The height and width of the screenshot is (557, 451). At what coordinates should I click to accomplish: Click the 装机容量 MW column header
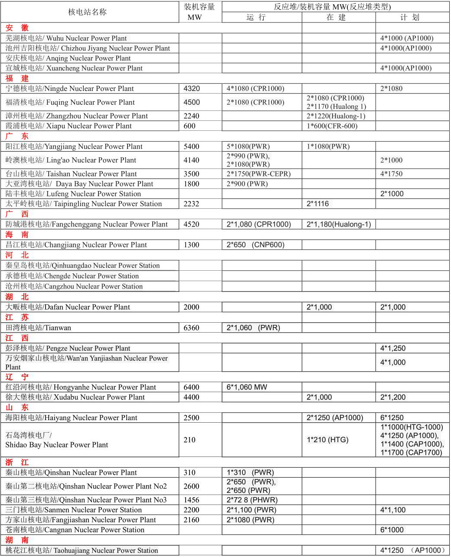(x=199, y=12)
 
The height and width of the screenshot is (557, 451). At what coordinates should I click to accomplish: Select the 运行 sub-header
(x=256, y=17)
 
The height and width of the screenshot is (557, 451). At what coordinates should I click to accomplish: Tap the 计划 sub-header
(x=409, y=17)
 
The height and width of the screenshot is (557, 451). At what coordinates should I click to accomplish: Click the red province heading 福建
(x=17, y=78)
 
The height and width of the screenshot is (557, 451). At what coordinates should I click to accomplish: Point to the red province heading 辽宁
(x=17, y=377)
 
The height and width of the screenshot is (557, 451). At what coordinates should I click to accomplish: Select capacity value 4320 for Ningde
(x=192, y=88)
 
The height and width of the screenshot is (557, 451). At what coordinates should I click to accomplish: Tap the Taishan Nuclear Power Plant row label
(x=71, y=174)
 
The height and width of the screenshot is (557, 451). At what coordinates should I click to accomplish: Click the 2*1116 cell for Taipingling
(x=318, y=204)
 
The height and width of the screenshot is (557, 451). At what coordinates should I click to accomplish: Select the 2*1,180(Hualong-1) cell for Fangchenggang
(x=339, y=224)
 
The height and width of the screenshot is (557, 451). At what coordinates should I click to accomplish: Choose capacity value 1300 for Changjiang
(x=191, y=245)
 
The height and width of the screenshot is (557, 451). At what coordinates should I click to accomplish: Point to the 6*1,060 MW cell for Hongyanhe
(x=247, y=387)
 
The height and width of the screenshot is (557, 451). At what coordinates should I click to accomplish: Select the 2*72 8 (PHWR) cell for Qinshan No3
(x=252, y=500)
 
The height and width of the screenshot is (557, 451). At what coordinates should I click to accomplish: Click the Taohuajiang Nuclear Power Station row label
(x=82, y=551)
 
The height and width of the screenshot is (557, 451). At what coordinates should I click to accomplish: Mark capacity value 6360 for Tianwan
(x=191, y=327)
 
